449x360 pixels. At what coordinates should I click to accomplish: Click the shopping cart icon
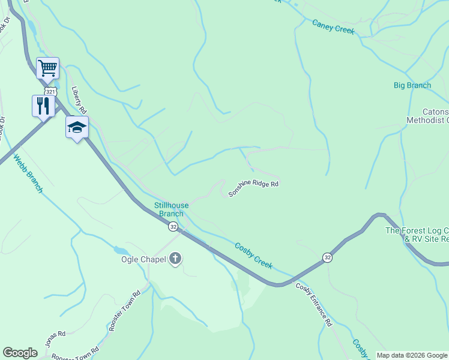pos(47,67)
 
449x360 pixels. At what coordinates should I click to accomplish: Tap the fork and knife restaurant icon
pos(43,106)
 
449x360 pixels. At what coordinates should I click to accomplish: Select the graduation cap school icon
pos(77,127)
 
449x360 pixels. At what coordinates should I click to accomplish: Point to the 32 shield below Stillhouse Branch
pos(173,226)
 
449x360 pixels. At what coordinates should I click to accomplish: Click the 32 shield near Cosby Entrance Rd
pos(327,257)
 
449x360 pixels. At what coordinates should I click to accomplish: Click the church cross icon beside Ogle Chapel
pos(175,259)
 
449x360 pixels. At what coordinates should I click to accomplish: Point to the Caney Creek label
pos(333,26)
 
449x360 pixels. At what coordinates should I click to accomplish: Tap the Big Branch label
pos(412,85)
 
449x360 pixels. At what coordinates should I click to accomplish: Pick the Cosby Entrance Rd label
pos(313,304)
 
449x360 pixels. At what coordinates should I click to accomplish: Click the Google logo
pos(20,353)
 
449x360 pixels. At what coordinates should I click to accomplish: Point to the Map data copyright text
pos(412,355)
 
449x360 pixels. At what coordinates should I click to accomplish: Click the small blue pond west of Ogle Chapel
pos(119,250)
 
